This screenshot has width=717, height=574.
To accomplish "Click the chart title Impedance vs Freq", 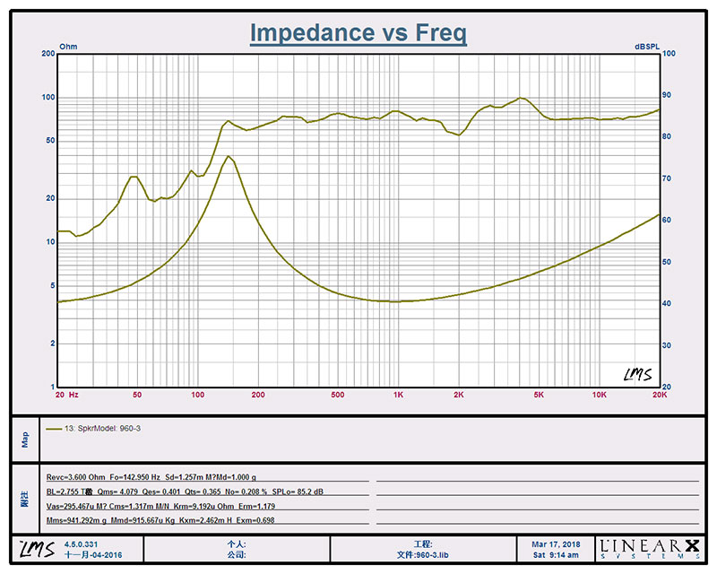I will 358,32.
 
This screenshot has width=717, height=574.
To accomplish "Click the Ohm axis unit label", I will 68,45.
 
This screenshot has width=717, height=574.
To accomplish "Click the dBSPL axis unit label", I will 647,45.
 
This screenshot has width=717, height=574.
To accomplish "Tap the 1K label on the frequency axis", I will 398,395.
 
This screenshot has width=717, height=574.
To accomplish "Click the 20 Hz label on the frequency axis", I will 66,395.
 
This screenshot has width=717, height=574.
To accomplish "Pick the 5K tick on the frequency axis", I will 539,395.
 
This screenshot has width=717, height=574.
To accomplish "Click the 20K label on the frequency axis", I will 660,395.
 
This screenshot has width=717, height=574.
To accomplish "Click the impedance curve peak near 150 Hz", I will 229,157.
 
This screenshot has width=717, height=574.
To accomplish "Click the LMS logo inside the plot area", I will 637,374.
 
